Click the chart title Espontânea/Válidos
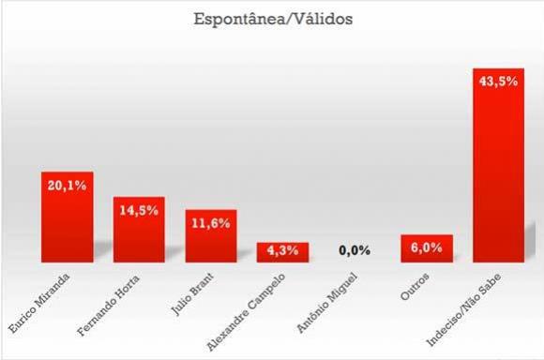coord(272,20)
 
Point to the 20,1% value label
coord(68,186)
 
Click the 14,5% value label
coord(139,211)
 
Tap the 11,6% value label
coord(211,223)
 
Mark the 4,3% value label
coord(282,250)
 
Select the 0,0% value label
coord(355,250)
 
